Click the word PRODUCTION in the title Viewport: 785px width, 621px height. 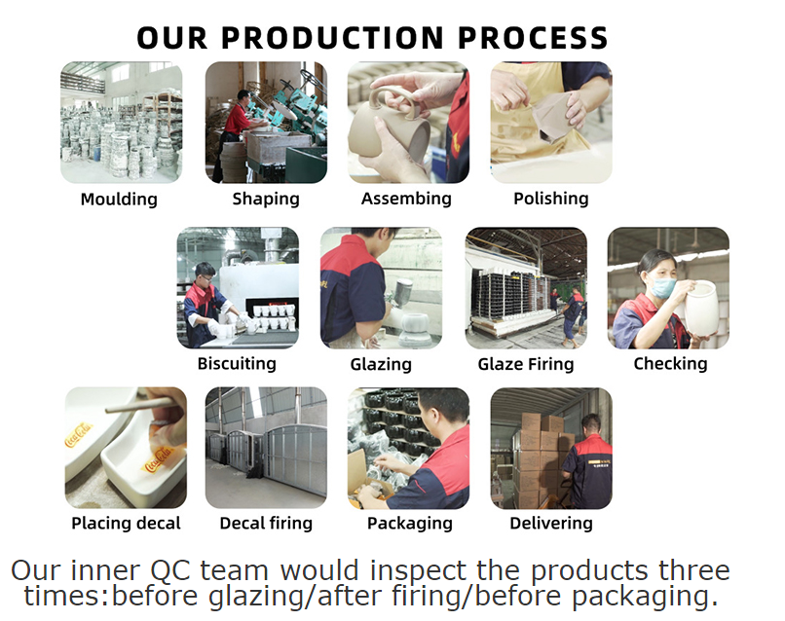tap(332, 38)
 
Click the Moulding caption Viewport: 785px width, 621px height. tap(119, 200)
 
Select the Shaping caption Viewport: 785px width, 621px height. tap(266, 200)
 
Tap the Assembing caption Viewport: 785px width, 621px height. tap(406, 200)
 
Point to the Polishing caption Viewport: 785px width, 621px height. tap(551, 200)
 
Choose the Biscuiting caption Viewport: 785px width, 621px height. tap(237, 364)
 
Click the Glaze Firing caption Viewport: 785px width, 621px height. tap(526, 364)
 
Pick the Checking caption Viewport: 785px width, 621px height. tap(670, 364)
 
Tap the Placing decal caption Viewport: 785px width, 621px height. tap(126, 524)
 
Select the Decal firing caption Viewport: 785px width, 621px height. tap(266, 524)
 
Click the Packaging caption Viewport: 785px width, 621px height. tap(409, 524)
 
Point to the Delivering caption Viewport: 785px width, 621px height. tap(551, 524)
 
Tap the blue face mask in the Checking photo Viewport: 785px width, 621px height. tap(663, 288)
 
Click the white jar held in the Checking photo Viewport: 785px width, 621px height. tap(701, 308)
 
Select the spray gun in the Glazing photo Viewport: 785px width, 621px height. tap(400, 294)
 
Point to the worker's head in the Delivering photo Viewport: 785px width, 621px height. tap(591, 423)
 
